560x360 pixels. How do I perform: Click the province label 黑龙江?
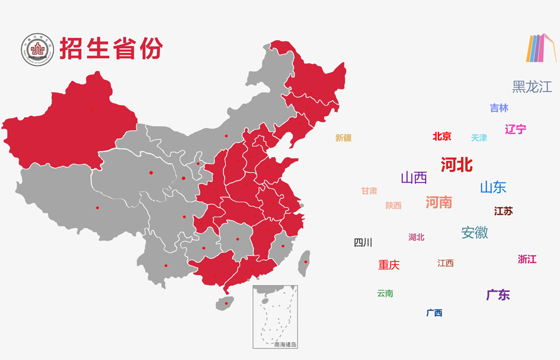[532, 87]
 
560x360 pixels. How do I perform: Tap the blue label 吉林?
[499, 108]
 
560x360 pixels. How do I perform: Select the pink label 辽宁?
[515, 129]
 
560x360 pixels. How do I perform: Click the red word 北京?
[441, 136]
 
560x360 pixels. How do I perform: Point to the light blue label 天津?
[479, 138]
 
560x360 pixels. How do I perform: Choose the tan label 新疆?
[343, 138]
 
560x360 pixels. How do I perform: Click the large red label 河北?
[456, 164]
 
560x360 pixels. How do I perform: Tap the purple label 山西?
[414, 177]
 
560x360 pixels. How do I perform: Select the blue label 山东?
[492, 187]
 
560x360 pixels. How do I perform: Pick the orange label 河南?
[439, 202]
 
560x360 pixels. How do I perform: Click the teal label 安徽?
[474, 232]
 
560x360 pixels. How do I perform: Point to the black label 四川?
[363, 242]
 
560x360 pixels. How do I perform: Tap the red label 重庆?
[389, 265]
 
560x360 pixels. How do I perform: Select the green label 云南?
[385, 293]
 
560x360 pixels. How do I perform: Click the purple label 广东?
[498, 295]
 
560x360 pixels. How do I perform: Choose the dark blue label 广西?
[434, 313]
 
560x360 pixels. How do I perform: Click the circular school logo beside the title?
[37, 50]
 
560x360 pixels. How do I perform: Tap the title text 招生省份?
[110, 49]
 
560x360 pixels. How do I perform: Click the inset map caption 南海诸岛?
[284, 343]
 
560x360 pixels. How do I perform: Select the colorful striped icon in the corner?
[540, 48]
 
